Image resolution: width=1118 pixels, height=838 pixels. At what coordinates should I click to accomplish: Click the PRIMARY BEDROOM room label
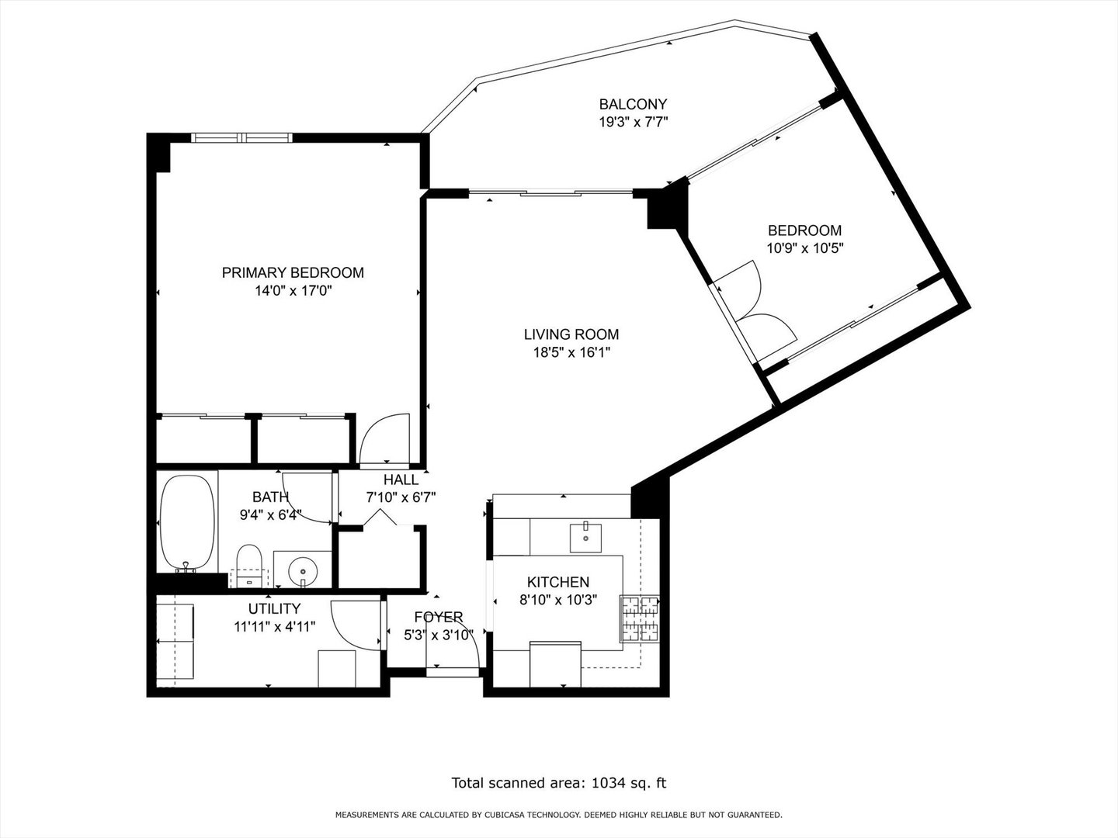(293, 272)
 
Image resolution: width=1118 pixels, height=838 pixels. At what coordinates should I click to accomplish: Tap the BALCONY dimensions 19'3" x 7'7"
(633, 122)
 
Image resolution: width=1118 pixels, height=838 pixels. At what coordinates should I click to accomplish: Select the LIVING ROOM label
(571, 334)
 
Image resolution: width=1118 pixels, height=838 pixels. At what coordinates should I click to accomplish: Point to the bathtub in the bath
(187, 521)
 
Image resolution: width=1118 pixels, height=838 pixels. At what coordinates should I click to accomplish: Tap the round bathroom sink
(302, 572)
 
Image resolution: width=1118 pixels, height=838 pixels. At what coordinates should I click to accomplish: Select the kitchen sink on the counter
(585, 536)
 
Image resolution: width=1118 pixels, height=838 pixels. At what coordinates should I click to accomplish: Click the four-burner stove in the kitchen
(639, 618)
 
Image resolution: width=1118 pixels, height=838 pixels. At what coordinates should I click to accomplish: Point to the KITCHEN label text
(557, 582)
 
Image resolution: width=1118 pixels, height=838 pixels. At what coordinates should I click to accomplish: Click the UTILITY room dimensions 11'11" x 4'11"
(274, 627)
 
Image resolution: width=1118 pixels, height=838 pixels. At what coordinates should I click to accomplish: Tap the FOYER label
(438, 617)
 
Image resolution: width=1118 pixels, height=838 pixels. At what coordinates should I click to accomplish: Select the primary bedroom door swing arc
(386, 439)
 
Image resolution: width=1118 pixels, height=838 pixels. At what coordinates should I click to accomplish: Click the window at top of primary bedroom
(241, 138)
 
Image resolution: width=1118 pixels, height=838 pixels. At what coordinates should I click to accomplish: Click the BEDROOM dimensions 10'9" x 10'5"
(804, 248)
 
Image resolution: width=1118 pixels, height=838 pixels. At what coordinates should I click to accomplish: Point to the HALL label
(401, 480)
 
